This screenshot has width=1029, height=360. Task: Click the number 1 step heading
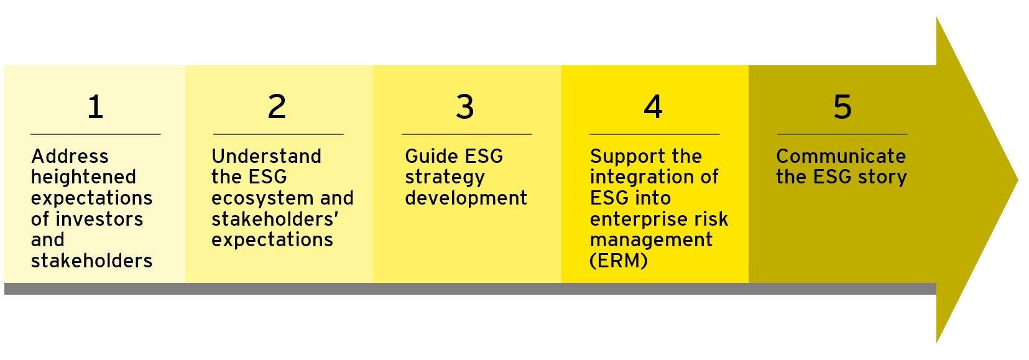coord(96,107)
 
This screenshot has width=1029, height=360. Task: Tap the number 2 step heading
coord(277,107)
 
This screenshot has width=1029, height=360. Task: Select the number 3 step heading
coord(465,107)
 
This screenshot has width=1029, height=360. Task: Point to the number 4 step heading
coord(653,107)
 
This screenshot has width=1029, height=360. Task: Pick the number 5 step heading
coord(842,107)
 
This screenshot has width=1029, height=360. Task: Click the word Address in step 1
coord(70,156)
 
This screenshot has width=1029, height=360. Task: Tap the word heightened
coord(83,177)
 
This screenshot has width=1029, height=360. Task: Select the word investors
coord(99,219)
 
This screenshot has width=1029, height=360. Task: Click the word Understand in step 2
coord(267,156)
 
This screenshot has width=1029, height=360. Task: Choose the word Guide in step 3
coord(430,156)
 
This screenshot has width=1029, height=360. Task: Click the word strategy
coord(445,177)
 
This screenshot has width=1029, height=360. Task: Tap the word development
coord(466,198)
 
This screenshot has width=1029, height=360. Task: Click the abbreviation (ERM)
coord(618,261)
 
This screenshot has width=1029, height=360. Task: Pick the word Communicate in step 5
coord(841,156)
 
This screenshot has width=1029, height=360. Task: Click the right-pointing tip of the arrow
coord(1018,180)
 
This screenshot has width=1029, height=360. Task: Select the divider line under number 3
coord(467,134)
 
